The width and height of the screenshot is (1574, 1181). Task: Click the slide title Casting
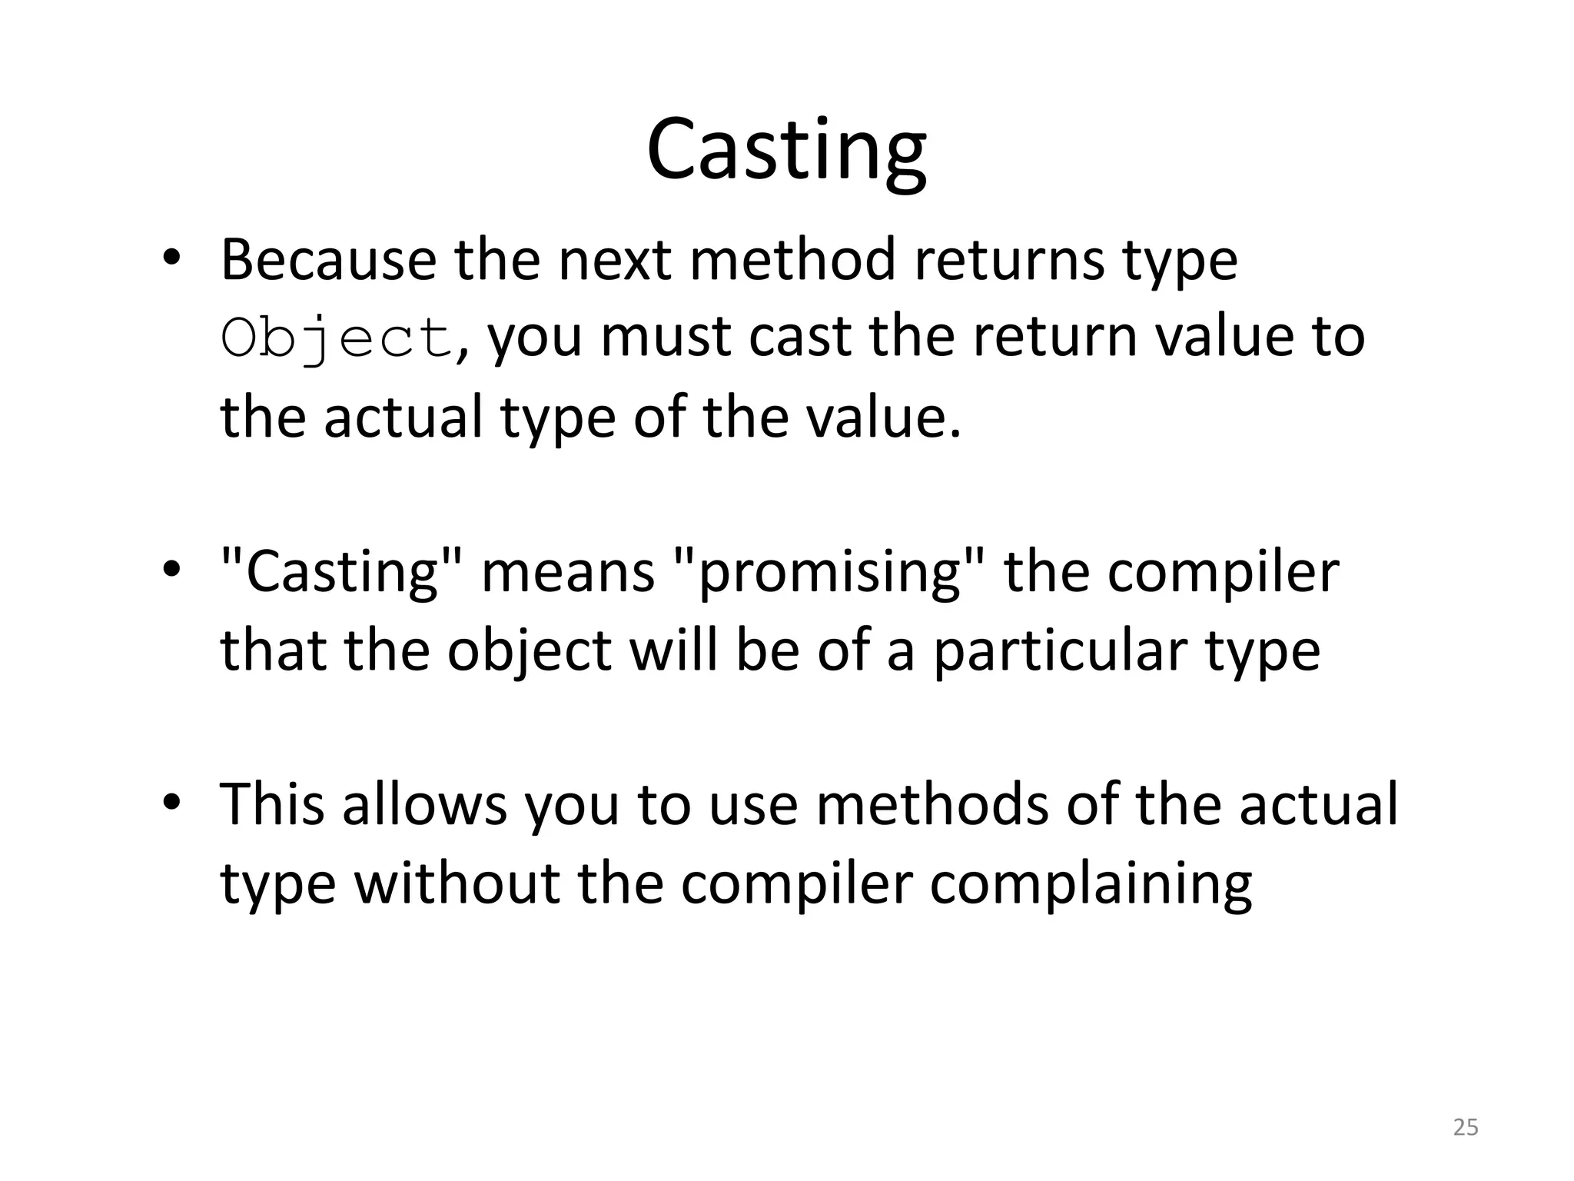[x=786, y=150]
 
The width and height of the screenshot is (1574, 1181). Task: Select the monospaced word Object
[x=337, y=338]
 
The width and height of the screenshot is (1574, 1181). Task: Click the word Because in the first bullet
[x=328, y=260]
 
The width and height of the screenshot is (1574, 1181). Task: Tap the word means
[x=567, y=573]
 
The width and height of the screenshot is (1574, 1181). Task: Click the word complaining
[x=1091, y=884]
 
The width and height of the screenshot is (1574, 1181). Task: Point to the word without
[x=457, y=884]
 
